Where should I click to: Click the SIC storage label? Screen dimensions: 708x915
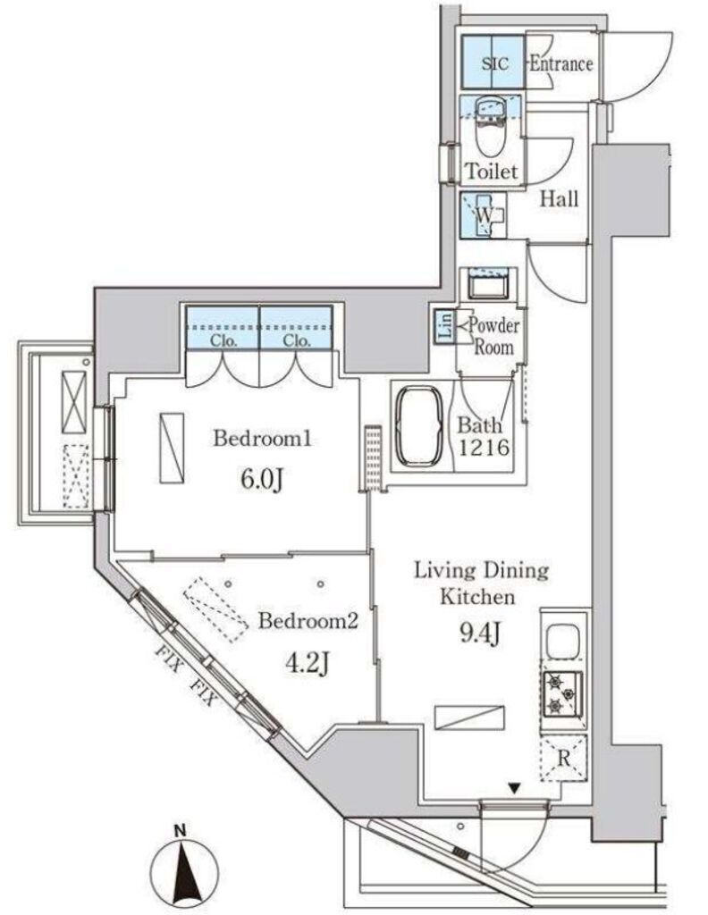(x=495, y=63)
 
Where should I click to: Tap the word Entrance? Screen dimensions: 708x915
(x=560, y=63)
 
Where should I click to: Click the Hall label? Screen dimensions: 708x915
(x=559, y=199)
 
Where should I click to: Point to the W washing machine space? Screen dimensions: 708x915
(x=484, y=215)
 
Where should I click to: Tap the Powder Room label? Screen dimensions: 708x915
(x=493, y=336)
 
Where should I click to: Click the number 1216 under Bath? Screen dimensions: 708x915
(x=484, y=448)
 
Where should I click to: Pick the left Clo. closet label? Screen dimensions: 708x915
(x=223, y=340)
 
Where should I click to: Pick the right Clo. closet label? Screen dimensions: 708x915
(x=297, y=340)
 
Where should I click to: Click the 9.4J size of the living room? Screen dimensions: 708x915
(x=480, y=634)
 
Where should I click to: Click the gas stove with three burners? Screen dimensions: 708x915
(x=562, y=693)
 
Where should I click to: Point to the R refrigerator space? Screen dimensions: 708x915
(x=563, y=758)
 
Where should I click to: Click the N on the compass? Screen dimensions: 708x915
(x=181, y=829)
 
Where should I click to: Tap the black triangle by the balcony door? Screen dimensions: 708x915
(x=514, y=788)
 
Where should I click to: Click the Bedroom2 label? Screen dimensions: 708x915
(x=307, y=620)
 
